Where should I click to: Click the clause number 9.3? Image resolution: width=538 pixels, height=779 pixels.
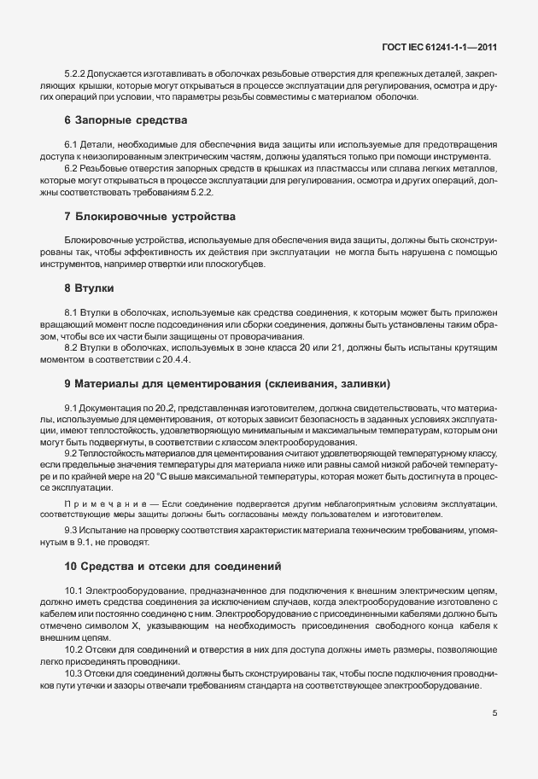tap(72, 531)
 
